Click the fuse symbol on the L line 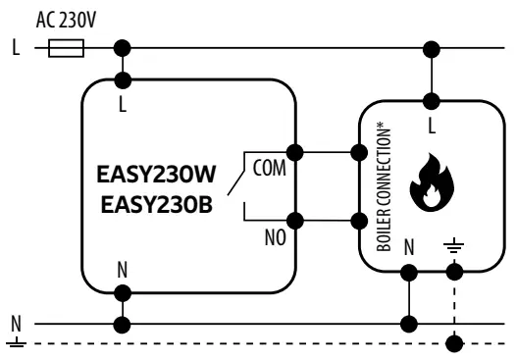(x=66, y=47)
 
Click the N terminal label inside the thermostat (x=123, y=268)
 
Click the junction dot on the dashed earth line (x=452, y=343)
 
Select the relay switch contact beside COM (x=233, y=180)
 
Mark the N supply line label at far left (x=13, y=322)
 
